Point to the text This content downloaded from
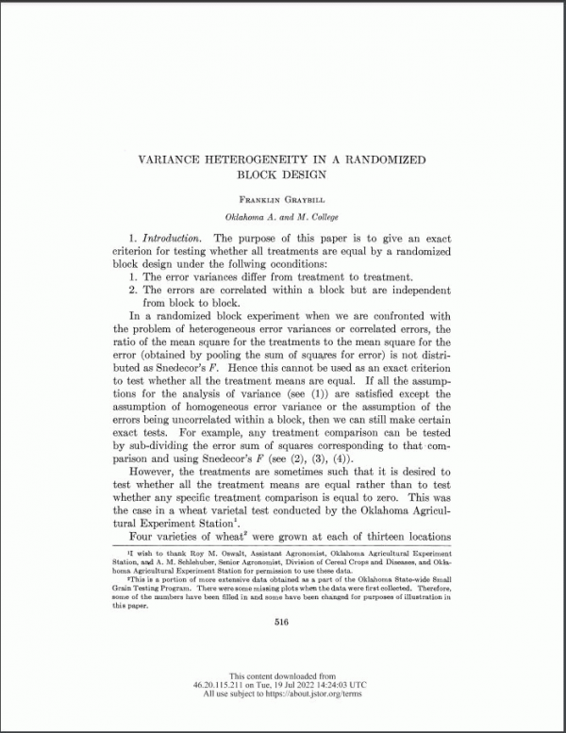[x=283, y=675]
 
